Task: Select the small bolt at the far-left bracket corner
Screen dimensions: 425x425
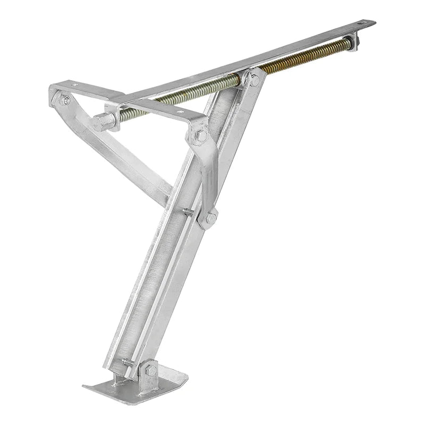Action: pos(65,100)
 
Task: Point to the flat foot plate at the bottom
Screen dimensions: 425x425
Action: pos(133,385)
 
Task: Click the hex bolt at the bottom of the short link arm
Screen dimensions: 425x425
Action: pos(211,218)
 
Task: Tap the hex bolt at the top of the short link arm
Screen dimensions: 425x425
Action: pos(201,135)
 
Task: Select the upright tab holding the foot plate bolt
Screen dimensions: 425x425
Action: pos(147,372)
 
